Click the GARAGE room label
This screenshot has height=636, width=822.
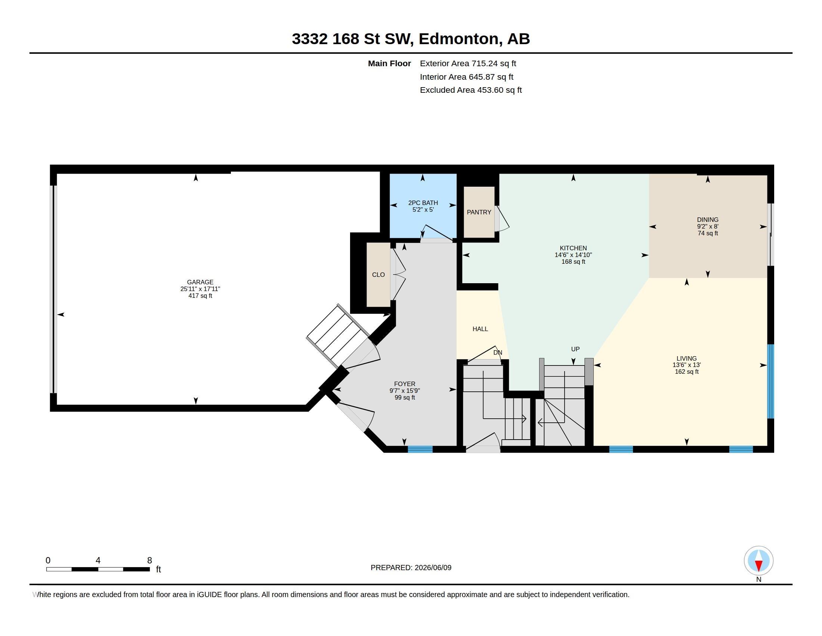200,282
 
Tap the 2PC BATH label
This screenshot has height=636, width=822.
423,203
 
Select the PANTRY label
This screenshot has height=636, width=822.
479,212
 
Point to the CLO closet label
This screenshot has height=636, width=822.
378,275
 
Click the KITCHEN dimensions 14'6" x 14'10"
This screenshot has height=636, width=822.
573,255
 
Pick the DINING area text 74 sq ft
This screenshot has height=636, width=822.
708,233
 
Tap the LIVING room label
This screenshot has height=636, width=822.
686,358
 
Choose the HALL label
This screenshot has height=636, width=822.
480,329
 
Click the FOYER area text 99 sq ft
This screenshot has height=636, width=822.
405,397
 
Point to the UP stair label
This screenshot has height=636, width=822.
575,349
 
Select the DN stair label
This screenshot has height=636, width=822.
498,353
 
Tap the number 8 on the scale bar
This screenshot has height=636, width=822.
149,560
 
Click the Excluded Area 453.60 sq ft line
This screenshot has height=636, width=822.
471,90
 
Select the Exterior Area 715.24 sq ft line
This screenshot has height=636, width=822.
468,64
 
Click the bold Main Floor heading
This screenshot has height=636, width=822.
389,64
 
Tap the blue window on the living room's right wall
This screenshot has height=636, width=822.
770,381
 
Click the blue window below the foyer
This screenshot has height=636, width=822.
420,449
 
